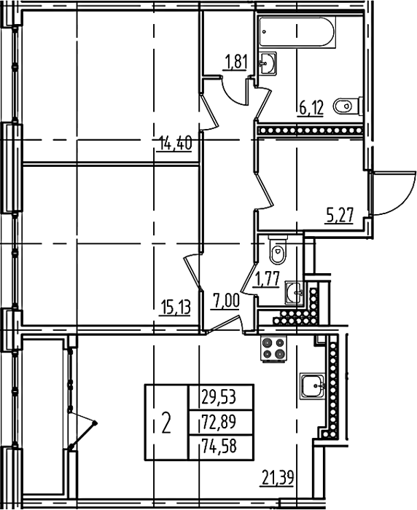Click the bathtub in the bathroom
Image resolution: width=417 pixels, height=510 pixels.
tap(297, 32)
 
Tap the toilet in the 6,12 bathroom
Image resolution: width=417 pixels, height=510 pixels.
tap(348, 106)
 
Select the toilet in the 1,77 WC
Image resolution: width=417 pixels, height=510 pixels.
tap(278, 249)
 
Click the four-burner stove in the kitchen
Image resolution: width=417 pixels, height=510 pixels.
tap(273, 348)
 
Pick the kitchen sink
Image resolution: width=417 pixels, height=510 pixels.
tap(313, 386)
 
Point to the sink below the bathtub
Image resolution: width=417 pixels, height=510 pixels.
tap(268, 63)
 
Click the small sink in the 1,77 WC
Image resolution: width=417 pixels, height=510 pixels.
tap(295, 293)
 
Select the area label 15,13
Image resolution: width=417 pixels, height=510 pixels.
tap(175, 307)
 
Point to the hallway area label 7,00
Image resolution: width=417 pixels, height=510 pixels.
tap(226, 300)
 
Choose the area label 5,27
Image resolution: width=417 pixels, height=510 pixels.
tap(339, 216)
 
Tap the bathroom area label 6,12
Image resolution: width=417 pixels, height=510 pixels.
tap(311, 108)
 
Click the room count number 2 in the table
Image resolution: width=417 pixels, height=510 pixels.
tap(166, 423)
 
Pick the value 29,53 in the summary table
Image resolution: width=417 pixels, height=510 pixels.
tap(219, 397)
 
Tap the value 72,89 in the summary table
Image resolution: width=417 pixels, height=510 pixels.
tap(219, 422)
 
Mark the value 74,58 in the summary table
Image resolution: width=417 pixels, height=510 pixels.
tap(219, 446)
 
